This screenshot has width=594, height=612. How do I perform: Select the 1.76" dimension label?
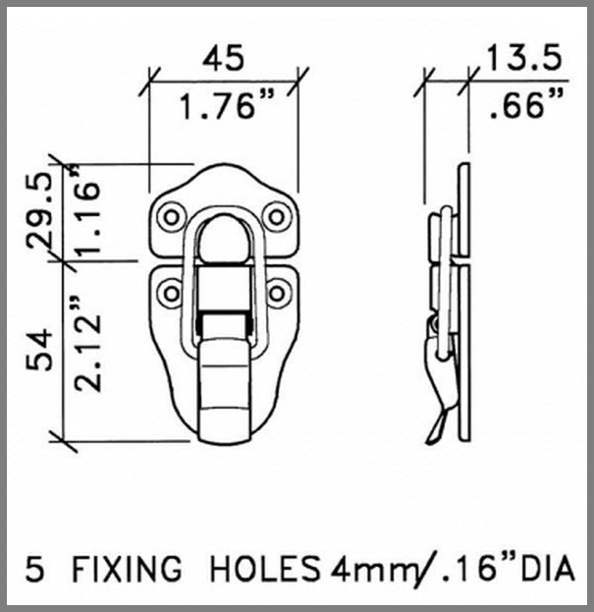(226, 106)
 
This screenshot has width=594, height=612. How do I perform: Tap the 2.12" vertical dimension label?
(90, 348)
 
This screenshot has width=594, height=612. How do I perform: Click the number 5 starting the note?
(35, 569)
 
